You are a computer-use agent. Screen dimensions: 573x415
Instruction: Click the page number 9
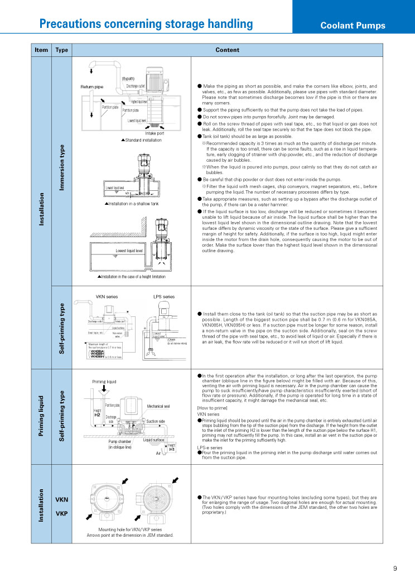point(395,569)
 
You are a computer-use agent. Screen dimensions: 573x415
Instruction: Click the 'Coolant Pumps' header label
point(353,26)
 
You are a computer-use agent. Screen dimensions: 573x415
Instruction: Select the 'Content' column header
point(227,50)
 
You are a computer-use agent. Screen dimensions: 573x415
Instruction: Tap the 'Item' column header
point(41,50)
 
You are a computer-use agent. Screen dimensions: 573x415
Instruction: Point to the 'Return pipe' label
point(92,87)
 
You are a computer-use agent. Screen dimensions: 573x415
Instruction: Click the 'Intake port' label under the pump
point(155,133)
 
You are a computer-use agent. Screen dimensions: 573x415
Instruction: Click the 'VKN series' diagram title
point(107,297)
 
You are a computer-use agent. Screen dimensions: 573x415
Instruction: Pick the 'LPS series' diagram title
point(164,297)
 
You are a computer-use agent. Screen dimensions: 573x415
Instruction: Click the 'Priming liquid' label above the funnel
point(104,382)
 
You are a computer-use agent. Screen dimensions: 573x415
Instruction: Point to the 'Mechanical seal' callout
point(158,406)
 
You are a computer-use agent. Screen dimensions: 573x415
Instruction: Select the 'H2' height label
point(96,415)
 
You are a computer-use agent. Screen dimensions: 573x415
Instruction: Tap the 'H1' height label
point(172,449)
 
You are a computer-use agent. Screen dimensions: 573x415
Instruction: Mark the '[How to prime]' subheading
point(210,408)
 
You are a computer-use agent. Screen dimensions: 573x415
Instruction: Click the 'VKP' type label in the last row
point(61,513)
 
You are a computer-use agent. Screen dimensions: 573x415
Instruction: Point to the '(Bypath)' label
point(128,79)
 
